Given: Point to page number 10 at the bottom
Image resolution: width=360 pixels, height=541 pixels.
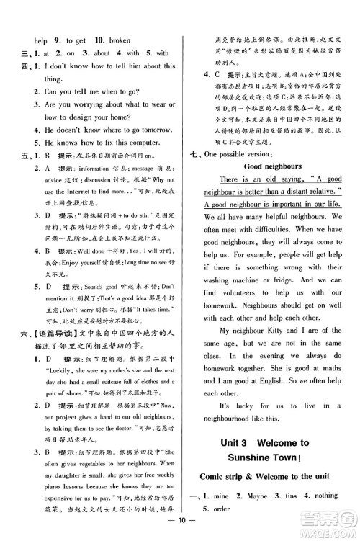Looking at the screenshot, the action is (x=180, y=532).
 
